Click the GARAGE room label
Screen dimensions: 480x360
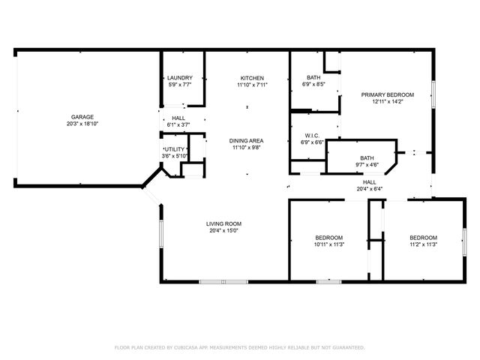[x=82, y=117]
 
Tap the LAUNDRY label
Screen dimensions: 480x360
[x=180, y=78]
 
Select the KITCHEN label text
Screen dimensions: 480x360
[x=252, y=78]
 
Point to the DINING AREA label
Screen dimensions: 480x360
[x=247, y=141]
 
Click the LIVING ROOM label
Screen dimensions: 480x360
[x=223, y=223]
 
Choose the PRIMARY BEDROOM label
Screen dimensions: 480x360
[x=388, y=95]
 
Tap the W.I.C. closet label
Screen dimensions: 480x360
[x=312, y=136]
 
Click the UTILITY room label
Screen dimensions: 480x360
[x=175, y=149]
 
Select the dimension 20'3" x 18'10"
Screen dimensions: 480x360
[x=82, y=124]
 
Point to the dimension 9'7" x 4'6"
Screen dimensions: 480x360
[x=367, y=165]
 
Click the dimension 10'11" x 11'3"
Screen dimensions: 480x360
[x=329, y=244]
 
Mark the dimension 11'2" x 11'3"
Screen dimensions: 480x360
[x=423, y=244]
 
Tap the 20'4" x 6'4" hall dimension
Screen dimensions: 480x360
[x=370, y=189]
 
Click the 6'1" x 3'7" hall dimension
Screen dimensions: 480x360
[x=178, y=125]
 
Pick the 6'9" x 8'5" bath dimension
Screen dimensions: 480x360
[x=313, y=85]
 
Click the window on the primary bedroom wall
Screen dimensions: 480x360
[x=433, y=94]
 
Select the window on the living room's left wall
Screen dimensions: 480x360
[x=161, y=234]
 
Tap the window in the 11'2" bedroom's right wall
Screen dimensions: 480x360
[x=464, y=242]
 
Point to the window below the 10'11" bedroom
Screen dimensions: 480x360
[x=328, y=282]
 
